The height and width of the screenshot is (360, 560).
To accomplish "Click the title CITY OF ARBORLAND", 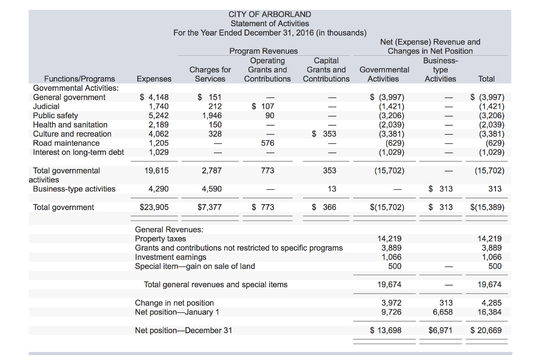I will tap(270, 14).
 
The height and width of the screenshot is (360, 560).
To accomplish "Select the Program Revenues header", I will tap(264, 51).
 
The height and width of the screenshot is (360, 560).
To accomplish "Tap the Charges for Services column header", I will tap(210, 74).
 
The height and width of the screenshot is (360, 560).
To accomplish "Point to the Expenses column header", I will tap(154, 79).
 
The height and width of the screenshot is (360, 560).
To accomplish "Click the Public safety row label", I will tap(55, 115).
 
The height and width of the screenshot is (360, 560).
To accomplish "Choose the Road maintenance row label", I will tap(66, 143).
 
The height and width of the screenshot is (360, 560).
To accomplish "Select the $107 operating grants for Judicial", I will tap(263, 107).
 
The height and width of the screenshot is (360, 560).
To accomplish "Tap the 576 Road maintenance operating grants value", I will tap(267, 143).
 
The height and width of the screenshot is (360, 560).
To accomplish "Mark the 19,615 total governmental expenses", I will tap(156, 171).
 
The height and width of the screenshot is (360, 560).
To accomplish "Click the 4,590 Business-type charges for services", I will tap(212, 189).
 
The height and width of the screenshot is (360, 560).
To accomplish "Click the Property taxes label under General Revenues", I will tap(160, 239).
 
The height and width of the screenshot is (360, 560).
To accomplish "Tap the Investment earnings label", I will tap(171, 257).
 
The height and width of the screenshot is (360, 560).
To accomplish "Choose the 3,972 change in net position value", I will tap(391, 303).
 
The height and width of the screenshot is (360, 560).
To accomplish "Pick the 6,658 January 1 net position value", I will tap(442, 312).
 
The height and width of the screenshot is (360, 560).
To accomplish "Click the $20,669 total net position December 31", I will tap(486, 330).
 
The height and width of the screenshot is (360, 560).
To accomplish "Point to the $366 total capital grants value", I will tap(324, 207).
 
